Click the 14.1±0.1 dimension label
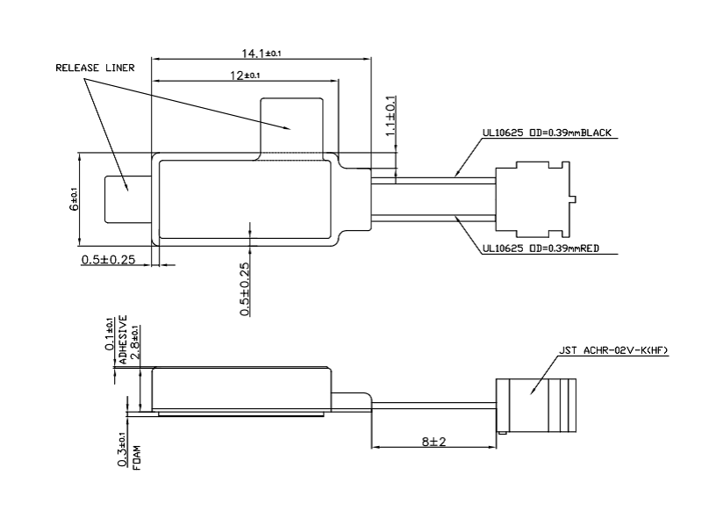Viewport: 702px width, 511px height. (261, 54)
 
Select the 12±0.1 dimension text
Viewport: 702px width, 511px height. (245, 76)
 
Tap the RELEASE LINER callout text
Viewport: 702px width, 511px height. (95, 68)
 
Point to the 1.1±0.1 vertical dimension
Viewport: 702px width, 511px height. (390, 116)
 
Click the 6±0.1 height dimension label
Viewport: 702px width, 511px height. (74, 199)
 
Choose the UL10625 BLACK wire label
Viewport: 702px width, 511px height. (547, 133)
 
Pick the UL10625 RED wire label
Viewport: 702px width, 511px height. (541, 248)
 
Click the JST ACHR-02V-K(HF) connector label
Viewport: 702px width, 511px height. (612, 350)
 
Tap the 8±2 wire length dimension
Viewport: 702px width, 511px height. (433, 442)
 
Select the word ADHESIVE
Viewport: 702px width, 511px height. (122, 339)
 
